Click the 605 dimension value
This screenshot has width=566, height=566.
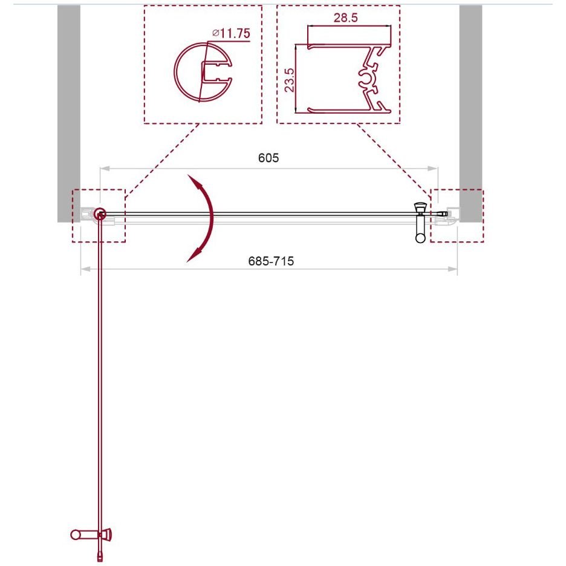(x=268, y=158)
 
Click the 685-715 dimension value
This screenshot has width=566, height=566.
(x=271, y=261)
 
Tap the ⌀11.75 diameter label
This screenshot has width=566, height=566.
(x=231, y=33)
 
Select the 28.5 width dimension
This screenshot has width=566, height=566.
(x=345, y=18)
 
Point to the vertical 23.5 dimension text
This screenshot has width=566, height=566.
(x=290, y=80)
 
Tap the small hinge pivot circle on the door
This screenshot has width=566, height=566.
(x=99, y=215)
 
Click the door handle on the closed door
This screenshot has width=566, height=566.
(x=420, y=222)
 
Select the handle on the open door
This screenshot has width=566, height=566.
(x=91, y=535)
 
